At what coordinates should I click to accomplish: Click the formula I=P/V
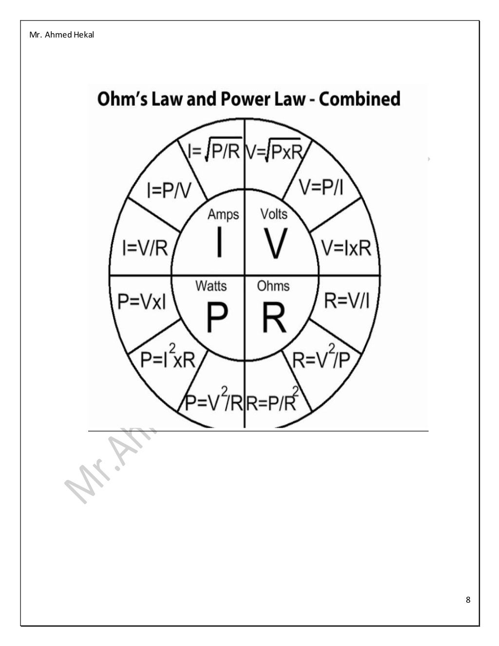click(x=169, y=190)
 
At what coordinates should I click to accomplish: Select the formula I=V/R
click(x=145, y=248)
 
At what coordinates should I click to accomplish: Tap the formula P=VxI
click(x=142, y=301)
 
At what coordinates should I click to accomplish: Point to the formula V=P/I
click(x=321, y=187)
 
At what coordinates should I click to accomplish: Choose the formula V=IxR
click(x=346, y=248)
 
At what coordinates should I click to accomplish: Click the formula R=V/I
click(x=346, y=301)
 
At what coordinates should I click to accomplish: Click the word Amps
click(x=223, y=214)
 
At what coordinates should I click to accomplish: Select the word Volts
click(x=274, y=214)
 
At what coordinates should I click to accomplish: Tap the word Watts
click(x=211, y=285)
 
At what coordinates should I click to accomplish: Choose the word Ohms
click(x=273, y=285)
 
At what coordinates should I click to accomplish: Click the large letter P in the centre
click(x=217, y=317)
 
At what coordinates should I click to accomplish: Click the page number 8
click(x=468, y=600)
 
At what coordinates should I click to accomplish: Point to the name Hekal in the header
click(x=84, y=35)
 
